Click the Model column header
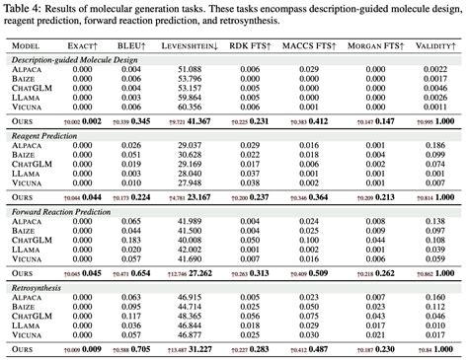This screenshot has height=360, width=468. (28, 44)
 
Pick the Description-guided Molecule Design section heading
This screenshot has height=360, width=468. (75, 60)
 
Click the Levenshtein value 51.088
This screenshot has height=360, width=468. (190, 70)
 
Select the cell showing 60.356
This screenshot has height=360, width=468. (190, 107)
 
